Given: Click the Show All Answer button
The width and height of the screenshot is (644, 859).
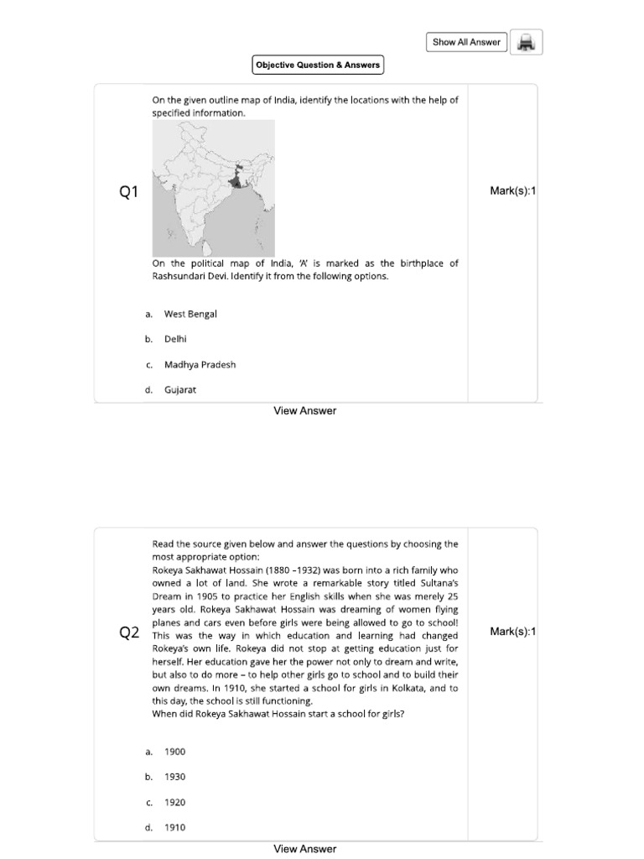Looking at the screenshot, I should [467, 42].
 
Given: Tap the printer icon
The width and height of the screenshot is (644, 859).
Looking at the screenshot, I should [527, 42].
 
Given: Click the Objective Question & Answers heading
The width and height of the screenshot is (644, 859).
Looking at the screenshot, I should [318, 65].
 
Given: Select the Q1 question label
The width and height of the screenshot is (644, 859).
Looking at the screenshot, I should [128, 193].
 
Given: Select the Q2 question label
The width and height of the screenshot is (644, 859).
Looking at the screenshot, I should [129, 633].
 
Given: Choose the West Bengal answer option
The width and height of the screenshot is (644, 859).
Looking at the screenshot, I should [190, 314].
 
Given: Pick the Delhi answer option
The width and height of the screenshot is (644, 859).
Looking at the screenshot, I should [175, 339].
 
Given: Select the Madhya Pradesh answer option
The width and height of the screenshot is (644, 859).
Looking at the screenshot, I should [200, 365].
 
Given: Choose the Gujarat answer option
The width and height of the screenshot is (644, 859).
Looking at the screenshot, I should [179, 390].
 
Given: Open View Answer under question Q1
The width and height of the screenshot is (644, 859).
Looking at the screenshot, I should [305, 411].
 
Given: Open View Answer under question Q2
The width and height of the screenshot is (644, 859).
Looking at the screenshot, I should [305, 849].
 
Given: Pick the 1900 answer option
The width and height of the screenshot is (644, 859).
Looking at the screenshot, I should [174, 752].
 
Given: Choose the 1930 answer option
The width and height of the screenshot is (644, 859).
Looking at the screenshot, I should [174, 777].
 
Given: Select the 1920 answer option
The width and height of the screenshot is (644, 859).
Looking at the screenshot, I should [174, 802].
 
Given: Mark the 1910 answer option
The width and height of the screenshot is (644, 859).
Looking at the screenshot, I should [174, 827].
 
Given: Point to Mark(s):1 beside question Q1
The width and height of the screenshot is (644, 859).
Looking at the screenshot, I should [512, 191].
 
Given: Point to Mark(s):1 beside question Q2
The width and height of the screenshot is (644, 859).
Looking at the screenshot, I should [512, 632].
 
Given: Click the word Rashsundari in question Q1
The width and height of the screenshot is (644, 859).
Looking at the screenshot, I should [180, 276].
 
